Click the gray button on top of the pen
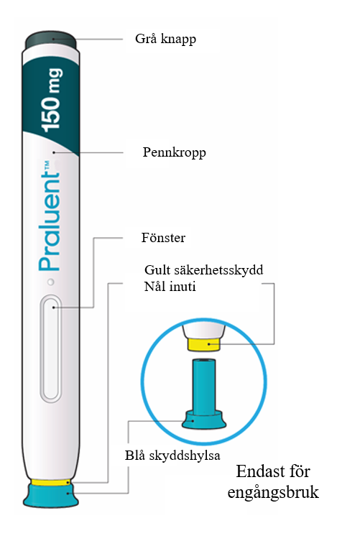point(50,40)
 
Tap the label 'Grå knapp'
point(165,39)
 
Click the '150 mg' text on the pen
point(52,100)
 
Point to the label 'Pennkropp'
point(175,152)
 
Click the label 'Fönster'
point(163,238)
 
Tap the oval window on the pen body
point(51,348)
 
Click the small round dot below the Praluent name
point(51,282)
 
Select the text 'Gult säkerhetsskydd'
point(204,270)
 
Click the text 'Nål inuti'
point(170,286)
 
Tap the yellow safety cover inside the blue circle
point(204,344)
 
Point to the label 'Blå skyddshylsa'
point(172,456)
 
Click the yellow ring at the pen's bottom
point(50,482)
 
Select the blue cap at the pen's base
point(51,496)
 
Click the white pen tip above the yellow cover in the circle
point(204,331)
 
